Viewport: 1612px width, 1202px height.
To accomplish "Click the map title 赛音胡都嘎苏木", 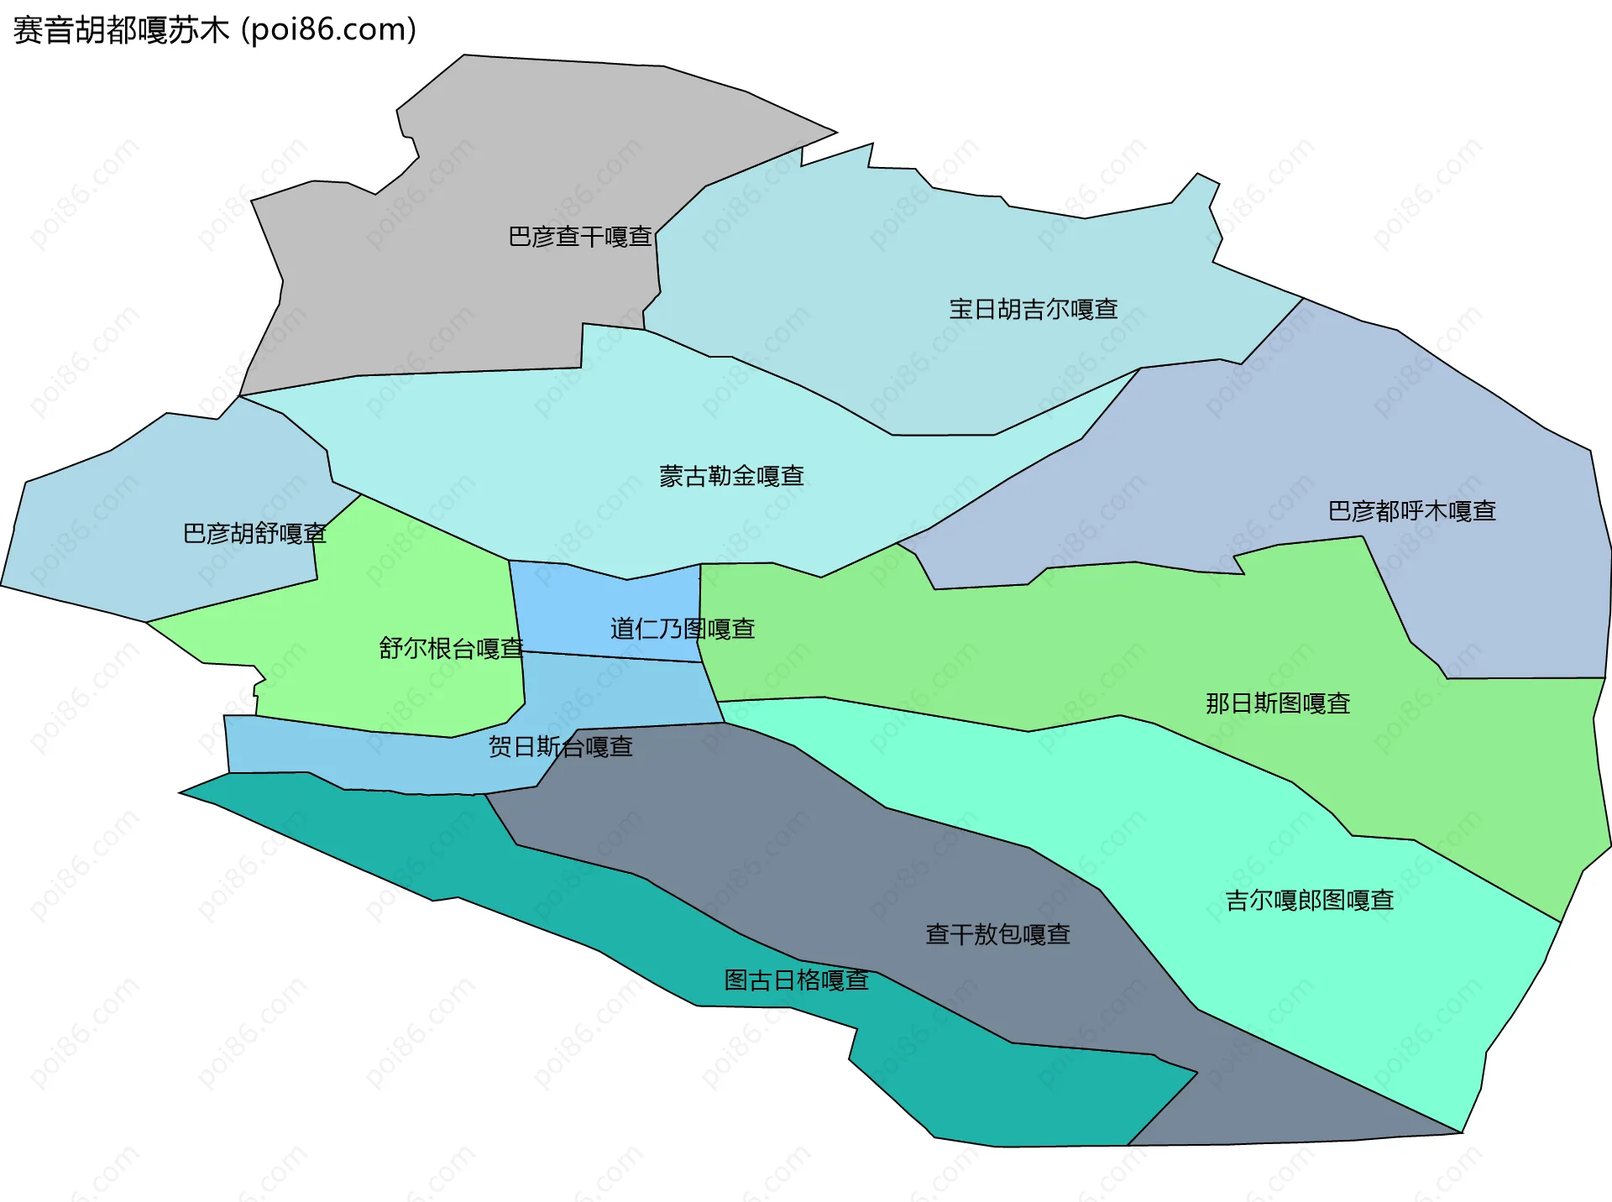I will point(121,30).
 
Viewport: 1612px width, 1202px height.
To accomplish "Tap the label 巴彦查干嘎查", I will point(580,237).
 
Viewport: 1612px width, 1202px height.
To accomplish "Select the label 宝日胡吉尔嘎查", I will point(1033,309).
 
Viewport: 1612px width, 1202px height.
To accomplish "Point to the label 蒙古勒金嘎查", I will point(731,476).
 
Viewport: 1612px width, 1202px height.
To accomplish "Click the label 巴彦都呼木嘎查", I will point(1411,510).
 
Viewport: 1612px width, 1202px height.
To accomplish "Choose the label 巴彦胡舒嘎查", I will point(254,533).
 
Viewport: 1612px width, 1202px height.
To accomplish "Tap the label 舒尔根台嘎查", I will point(451,648).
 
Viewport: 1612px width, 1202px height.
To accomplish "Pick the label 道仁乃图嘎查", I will point(682,629).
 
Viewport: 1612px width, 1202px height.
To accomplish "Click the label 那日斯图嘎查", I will point(1277,703).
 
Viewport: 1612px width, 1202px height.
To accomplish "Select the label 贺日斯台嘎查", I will point(560,746).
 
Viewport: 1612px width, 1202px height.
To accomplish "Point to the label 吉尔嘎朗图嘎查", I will point(1309,900).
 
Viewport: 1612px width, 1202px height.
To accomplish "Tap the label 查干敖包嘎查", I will point(997,934).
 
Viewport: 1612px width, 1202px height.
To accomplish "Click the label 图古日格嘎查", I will point(796,980).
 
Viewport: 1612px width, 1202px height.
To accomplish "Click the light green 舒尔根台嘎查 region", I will point(403,588).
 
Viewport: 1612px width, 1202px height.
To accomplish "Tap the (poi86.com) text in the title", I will point(329,30).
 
